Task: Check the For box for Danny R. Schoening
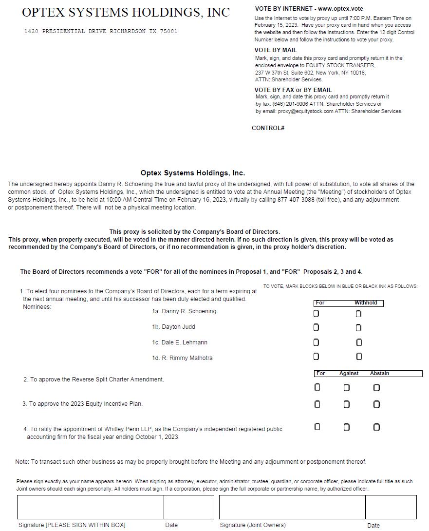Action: [317, 314]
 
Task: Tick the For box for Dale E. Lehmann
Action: [317, 342]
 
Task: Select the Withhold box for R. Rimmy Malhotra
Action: [359, 357]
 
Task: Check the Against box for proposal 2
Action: [346, 388]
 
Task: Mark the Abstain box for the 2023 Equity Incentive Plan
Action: [376, 404]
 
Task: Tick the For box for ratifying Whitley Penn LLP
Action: [317, 427]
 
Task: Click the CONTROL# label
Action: [268, 128]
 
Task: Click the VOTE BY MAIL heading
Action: [275, 50]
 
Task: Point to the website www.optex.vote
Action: [340, 9]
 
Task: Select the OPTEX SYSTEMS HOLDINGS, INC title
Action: [126, 13]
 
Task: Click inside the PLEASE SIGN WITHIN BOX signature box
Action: [90, 507]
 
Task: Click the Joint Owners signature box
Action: [292, 507]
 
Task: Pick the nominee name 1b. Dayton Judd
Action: [173, 327]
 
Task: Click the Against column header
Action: [349, 374]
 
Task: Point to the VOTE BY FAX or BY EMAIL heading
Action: [293, 90]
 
